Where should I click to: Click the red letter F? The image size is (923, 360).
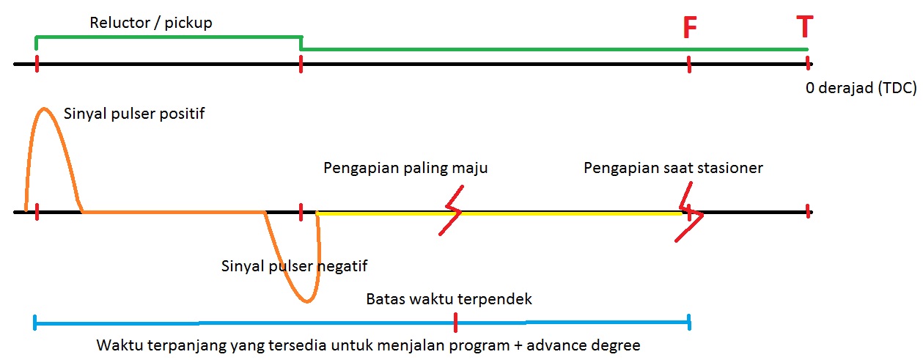click(689, 29)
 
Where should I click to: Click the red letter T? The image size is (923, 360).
click(805, 27)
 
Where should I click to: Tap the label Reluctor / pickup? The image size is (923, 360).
click(151, 23)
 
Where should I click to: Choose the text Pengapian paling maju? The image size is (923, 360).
click(405, 168)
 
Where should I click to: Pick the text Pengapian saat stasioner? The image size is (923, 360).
click(673, 168)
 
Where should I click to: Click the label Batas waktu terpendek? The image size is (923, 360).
click(449, 299)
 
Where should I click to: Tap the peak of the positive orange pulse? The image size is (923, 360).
click(44, 109)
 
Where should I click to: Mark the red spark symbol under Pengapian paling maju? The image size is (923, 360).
click(452, 211)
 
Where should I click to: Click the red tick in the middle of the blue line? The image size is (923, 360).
click(455, 322)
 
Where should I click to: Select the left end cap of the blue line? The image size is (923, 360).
click(35, 322)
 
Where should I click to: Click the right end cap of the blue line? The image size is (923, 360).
click(689, 322)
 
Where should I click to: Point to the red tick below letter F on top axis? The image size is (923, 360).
click(689, 65)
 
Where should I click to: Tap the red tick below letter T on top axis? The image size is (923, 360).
click(807, 64)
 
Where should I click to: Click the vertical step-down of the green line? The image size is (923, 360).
click(301, 43)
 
